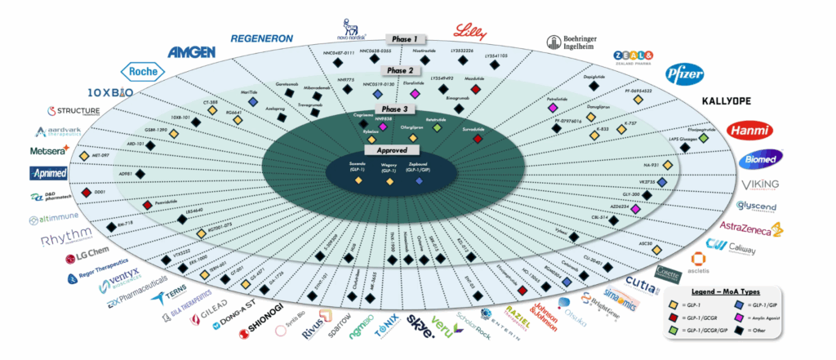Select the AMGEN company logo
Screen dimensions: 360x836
[x=192, y=52]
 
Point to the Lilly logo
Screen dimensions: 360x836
[x=471, y=32]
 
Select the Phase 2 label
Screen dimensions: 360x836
[x=401, y=70]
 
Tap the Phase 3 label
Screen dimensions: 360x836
[x=394, y=109]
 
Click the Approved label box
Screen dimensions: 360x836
[x=388, y=150]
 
